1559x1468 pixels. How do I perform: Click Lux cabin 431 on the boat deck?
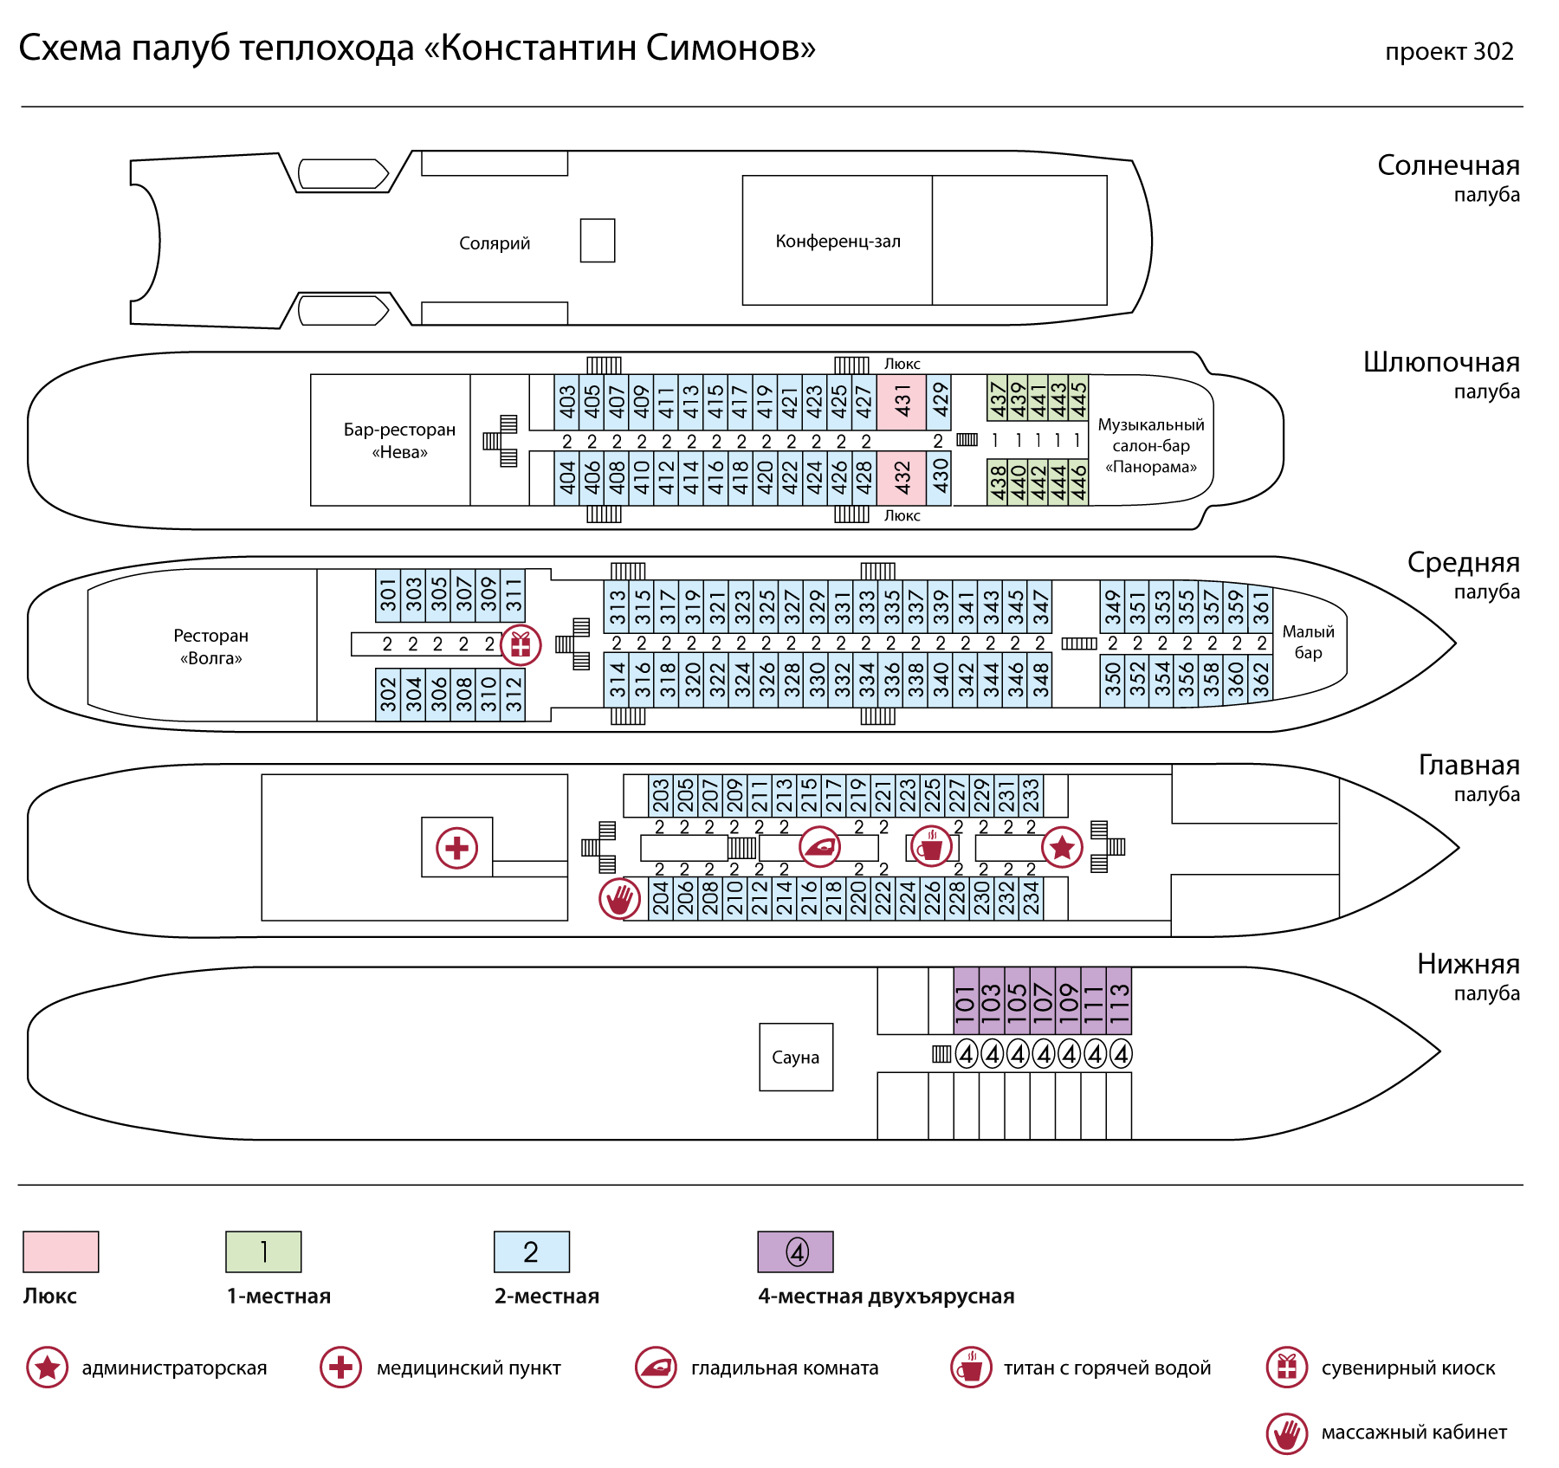coord(902,402)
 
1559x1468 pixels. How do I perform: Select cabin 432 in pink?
coord(902,477)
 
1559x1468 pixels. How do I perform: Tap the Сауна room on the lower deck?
coord(796,1057)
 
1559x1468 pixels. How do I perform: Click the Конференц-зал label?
coord(838,242)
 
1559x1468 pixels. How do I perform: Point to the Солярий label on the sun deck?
coord(495,243)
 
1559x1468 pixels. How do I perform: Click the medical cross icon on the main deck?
coord(457,848)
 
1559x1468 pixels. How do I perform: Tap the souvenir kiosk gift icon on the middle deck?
coord(521,645)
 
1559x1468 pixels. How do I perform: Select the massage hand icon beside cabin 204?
coord(620,899)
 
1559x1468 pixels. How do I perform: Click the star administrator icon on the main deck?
coord(1062,847)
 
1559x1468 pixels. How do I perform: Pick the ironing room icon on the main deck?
coord(819,847)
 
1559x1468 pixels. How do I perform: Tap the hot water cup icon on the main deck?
coord(932,847)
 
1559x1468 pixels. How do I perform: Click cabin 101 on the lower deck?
coord(966,1001)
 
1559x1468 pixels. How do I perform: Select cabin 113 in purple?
coord(1119,1001)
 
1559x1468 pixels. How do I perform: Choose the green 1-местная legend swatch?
coord(263,1251)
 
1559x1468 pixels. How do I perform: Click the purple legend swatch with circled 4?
coord(795,1251)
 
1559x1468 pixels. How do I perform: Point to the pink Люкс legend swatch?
coord(61,1251)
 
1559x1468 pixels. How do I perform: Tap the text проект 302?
coord(1449,52)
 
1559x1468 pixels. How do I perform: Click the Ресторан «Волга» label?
coord(211,647)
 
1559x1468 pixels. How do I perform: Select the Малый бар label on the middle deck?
coord(1308,642)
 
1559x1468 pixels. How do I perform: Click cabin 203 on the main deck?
coord(661,795)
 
